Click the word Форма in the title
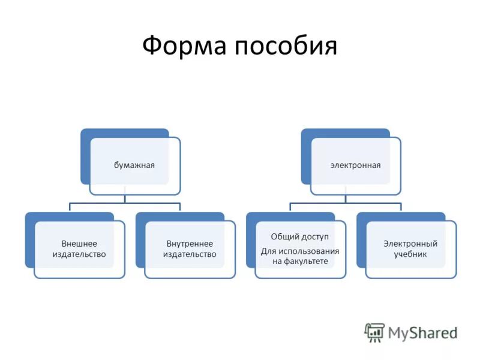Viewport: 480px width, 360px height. coord(184,46)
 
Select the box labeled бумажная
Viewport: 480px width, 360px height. coord(135,166)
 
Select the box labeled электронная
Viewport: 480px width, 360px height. coord(355,166)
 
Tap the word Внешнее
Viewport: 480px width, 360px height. coord(79,244)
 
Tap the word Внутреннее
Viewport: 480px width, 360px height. coord(190,244)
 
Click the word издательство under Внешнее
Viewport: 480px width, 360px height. coord(79,254)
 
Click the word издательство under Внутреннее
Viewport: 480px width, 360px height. coord(190,254)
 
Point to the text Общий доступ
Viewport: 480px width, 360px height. coord(299,237)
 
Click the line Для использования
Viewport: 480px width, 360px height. coord(300,251)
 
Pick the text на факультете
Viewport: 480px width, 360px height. coord(300,261)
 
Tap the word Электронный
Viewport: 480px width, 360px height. coord(410,244)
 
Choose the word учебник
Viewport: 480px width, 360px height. coord(410,254)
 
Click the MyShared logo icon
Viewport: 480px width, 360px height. coord(374,332)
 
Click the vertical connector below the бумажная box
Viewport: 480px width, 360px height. coord(125,199)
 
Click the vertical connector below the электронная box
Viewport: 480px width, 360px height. coord(346,199)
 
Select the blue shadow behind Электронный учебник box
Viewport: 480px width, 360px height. coord(361,240)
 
